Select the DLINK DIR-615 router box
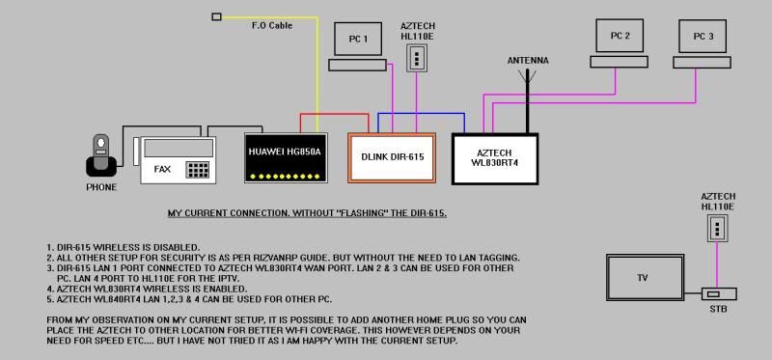tap(392, 155)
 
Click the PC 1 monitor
tap(359, 40)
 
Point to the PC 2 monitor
tap(620, 36)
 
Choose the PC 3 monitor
tap(703, 36)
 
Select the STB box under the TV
tap(717, 293)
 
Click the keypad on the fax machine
tap(198, 170)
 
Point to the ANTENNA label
tap(528, 61)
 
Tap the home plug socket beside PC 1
tap(417, 58)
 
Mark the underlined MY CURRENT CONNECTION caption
tap(307, 212)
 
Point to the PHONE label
tap(101, 186)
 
